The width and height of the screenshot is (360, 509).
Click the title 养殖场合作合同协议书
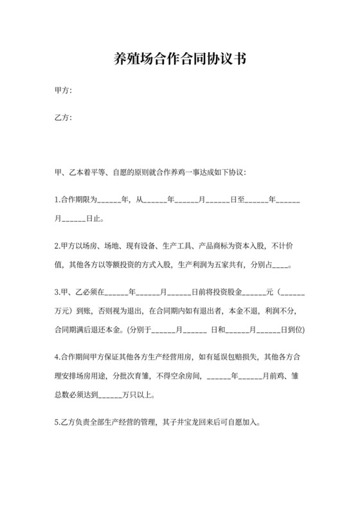pyautogui.click(x=180, y=59)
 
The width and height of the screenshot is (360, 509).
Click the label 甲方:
pyautogui.click(x=63, y=91)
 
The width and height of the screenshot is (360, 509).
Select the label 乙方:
pyautogui.click(x=63, y=118)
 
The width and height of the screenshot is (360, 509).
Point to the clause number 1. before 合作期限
pyautogui.click(x=57, y=200)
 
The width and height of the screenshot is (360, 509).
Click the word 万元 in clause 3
pyautogui.click(x=63, y=312)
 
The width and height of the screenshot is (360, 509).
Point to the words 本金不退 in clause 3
pyautogui.click(x=244, y=312)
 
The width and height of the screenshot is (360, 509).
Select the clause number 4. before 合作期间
pyautogui.click(x=57, y=358)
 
